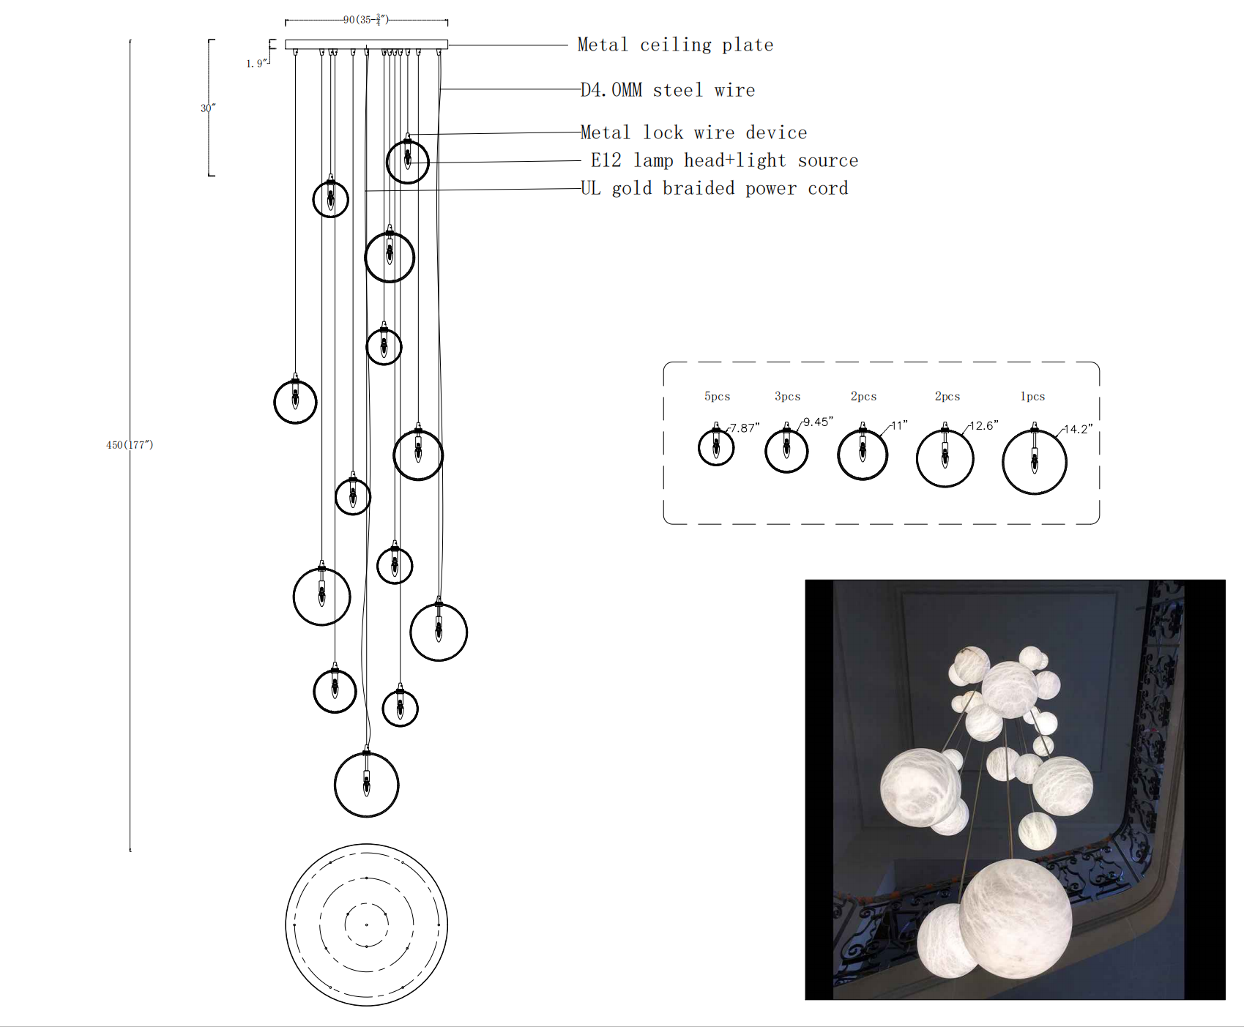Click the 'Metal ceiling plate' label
674,45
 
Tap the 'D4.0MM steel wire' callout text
667,90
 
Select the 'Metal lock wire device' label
693,132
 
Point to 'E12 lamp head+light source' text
723,160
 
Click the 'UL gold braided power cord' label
714,188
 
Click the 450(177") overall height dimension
130,444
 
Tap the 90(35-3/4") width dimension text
365,20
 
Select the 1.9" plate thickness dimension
255,64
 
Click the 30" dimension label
208,108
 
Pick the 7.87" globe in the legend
716,447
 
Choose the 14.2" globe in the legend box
1034,462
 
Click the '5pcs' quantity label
717,396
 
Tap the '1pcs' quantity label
1032,396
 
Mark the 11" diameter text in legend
899,425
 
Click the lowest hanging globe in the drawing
366,785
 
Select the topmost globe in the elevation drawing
407,161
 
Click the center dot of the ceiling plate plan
366,925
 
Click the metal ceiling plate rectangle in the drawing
366,45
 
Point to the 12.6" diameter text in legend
983,425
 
